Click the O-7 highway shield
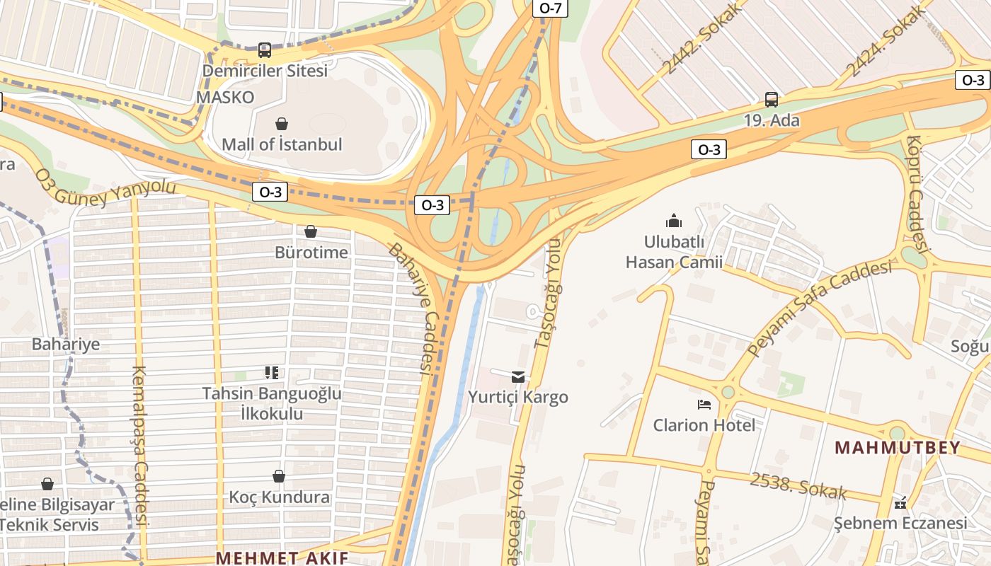click(x=550, y=8)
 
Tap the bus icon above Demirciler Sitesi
click(x=265, y=50)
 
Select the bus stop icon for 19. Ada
click(x=772, y=100)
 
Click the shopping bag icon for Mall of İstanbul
click(x=282, y=124)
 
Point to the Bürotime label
click(x=311, y=253)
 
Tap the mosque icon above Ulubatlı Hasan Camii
click(x=674, y=221)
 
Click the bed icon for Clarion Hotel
click(x=704, y=405)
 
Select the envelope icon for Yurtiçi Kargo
click(x=518, y=376)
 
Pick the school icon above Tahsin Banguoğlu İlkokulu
click(x=272, y=372)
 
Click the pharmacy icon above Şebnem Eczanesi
click(x=900, y=503)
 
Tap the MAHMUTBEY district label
click(x=898, y=448)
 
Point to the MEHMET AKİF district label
click(x=282, y=557)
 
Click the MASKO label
click(x=225, y=97)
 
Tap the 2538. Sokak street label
click(x=798, y=485)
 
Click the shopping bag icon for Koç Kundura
click(x=279, y=476)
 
